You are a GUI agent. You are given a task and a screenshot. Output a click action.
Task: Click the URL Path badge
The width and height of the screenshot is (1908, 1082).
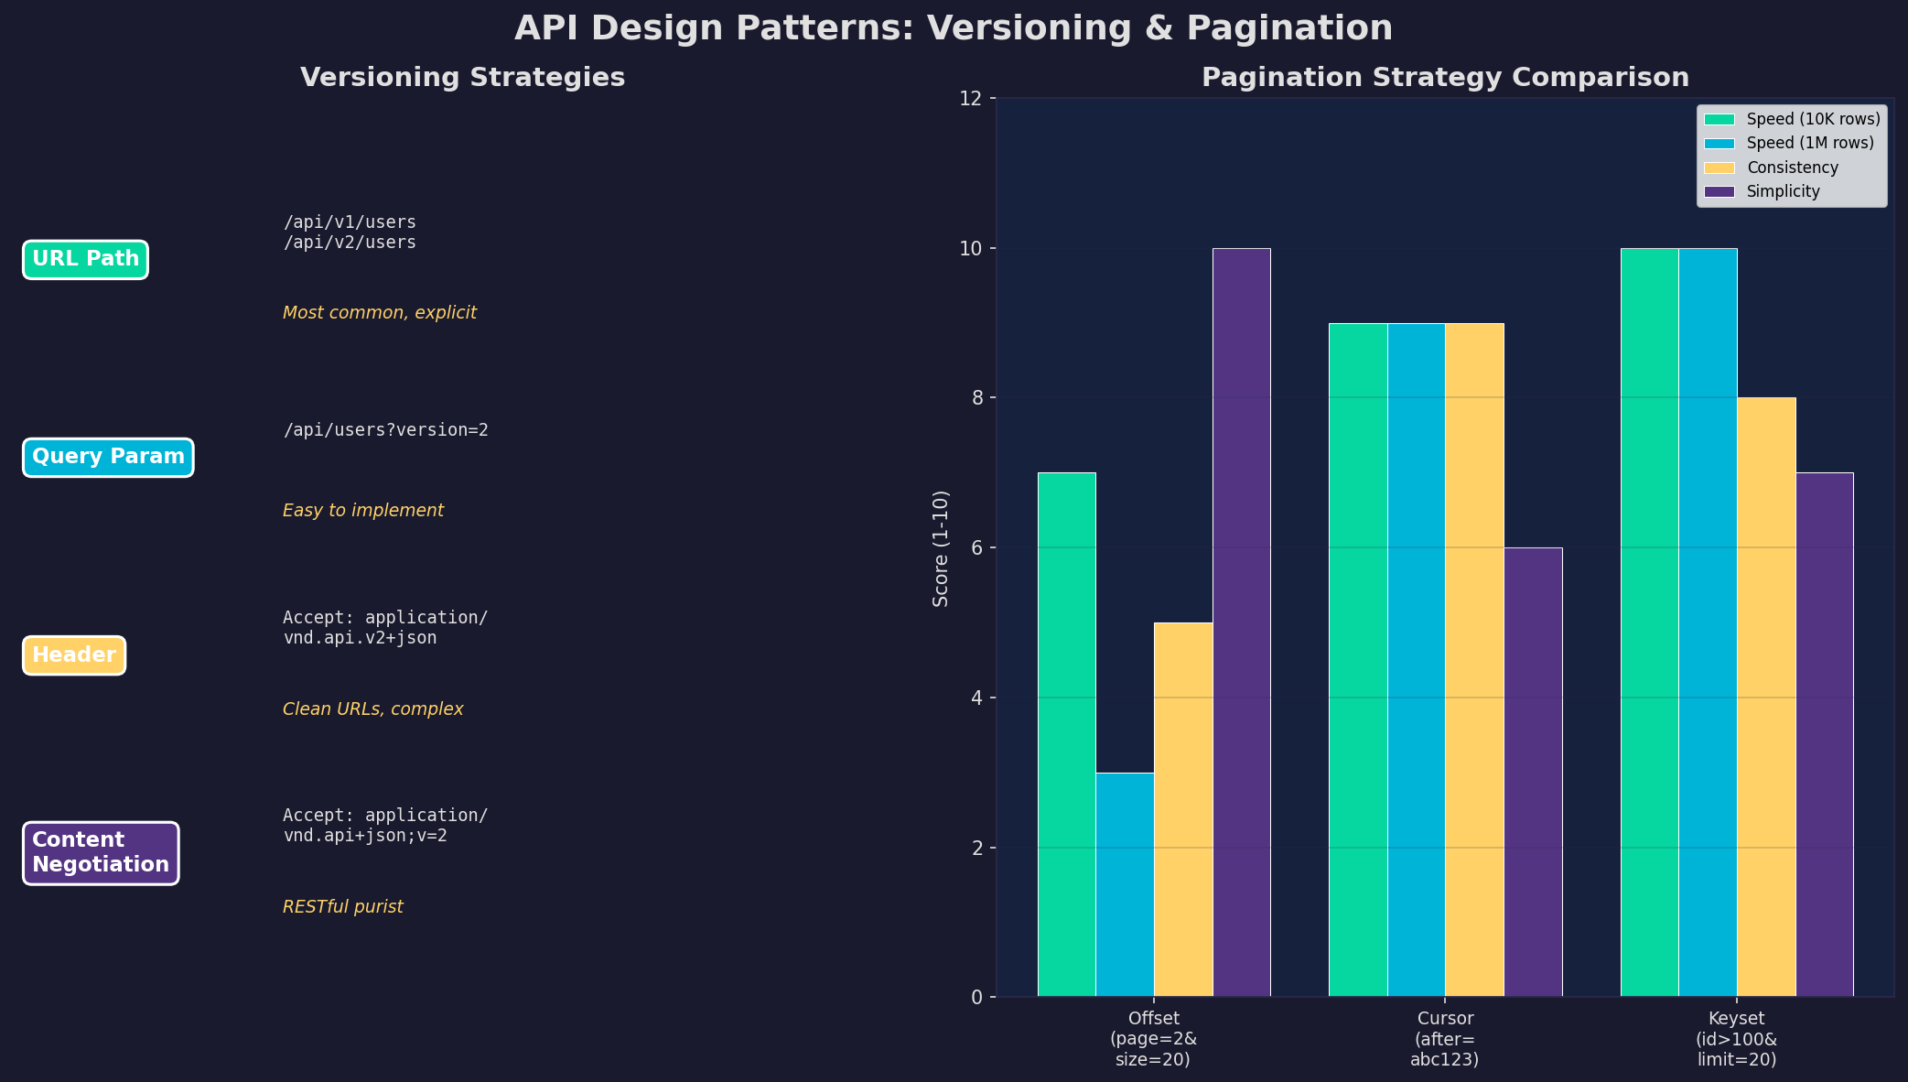[85, 259]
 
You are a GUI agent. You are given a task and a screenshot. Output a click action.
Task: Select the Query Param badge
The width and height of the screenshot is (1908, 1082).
[108, 457]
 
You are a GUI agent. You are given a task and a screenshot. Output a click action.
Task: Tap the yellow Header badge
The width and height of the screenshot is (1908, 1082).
[74, 655]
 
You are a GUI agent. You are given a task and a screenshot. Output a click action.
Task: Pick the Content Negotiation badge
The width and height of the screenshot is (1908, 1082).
[101, 853]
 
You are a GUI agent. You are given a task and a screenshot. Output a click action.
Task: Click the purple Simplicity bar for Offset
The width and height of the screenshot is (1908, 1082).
[1241, 622]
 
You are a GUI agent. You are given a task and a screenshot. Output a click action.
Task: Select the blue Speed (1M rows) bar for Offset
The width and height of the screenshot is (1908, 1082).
[1125, 884]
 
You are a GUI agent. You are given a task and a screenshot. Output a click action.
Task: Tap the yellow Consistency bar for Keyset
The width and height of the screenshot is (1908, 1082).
[1766, 696]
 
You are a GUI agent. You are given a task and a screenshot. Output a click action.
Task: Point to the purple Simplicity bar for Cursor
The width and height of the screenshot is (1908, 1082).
[1533, 772]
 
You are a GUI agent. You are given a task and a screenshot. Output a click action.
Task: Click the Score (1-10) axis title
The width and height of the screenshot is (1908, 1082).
[941, 547]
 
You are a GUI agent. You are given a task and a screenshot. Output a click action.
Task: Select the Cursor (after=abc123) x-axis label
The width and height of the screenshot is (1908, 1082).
[1445, 1039]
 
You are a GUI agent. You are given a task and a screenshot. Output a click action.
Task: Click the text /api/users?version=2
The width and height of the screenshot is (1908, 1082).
[385, 430]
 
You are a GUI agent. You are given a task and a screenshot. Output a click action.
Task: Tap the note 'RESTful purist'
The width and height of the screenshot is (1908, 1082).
[342, 907]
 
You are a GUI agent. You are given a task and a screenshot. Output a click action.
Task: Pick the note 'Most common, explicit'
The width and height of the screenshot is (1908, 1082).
[379, 313]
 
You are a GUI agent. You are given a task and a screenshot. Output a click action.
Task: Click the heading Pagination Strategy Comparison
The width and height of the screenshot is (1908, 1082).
[1445, 78]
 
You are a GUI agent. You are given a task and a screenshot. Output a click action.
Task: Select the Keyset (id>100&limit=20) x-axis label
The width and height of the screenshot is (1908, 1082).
[1736, 1039]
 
